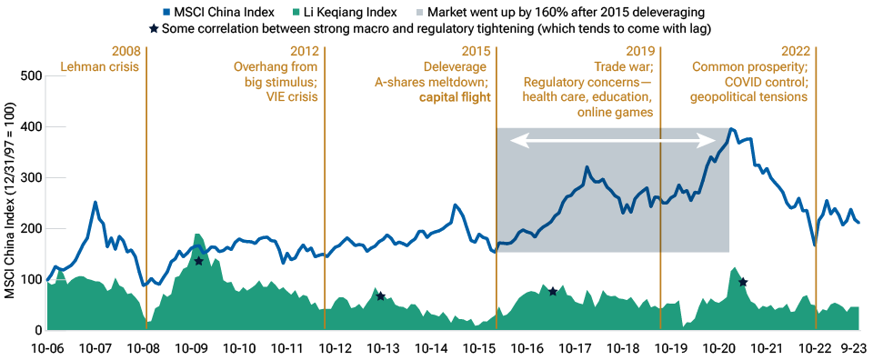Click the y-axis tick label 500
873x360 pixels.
click(31, 75)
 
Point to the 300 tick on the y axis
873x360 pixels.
click(31, 177)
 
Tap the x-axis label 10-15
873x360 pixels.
click(481, 348)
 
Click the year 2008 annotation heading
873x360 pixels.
click(125, 52)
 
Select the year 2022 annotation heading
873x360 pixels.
click(793, 52)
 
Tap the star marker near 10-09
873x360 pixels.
click(198, 261)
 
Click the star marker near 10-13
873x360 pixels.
click(381, 296)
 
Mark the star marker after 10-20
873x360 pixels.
click(743, 283)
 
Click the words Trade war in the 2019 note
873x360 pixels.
click(623, 67)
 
